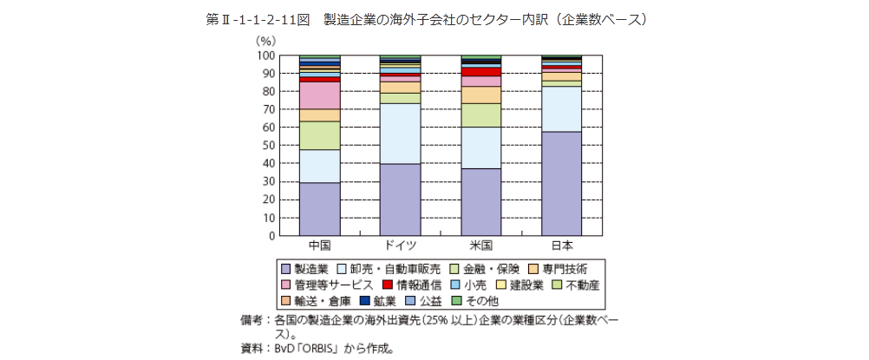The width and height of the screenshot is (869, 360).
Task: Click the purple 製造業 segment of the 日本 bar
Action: click(x=562, y=183)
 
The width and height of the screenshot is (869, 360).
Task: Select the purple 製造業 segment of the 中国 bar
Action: click(x=319, y=208)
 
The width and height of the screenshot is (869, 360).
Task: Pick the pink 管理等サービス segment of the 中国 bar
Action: click(x=319, y=95)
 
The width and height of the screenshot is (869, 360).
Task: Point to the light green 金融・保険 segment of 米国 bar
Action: click(x=480, y=115)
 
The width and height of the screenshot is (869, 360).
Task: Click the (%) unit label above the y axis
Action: click(x=265, y=41)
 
